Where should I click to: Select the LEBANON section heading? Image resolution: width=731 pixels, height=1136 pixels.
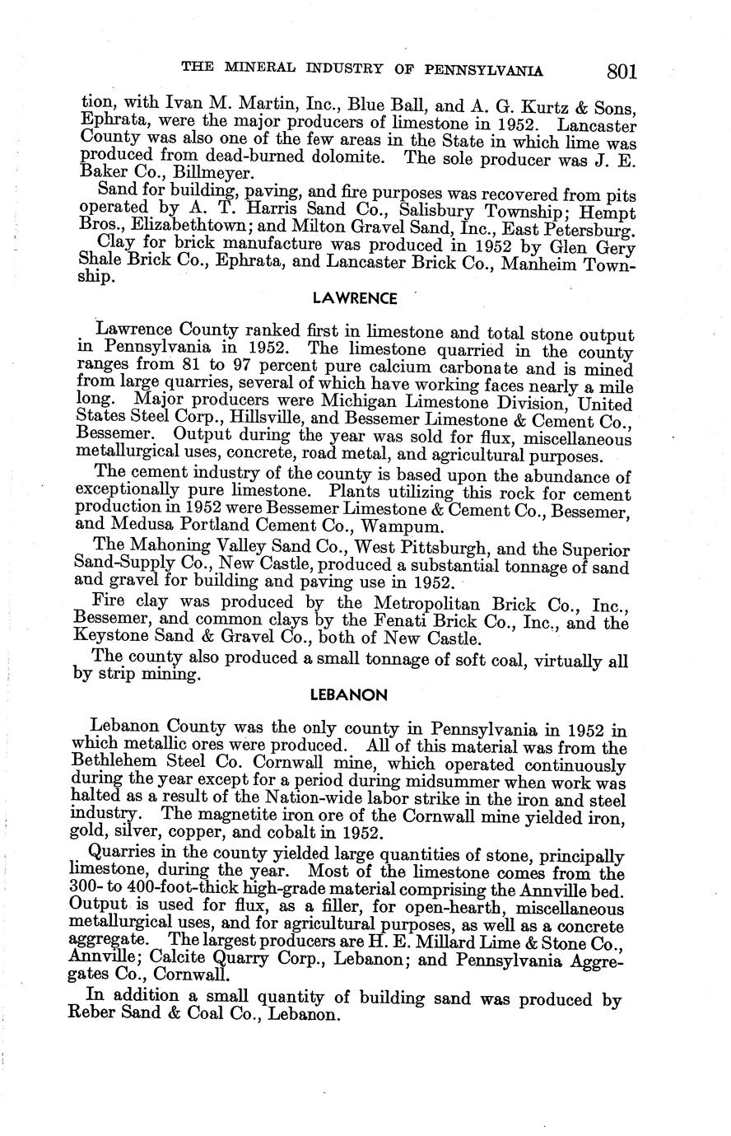coord(348,694)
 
